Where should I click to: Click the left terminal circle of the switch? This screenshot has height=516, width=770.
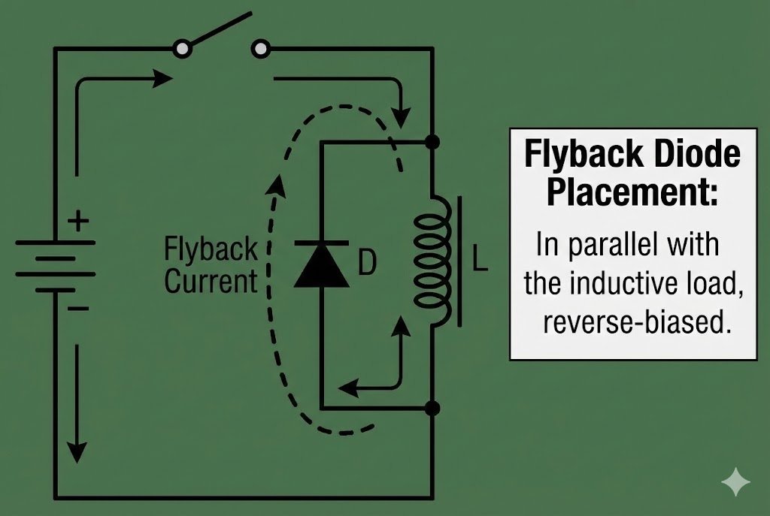[x=181, y=50]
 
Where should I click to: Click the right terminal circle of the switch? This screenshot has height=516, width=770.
[x=260, y=50]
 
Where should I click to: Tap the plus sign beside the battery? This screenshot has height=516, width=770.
[x=78, y=222]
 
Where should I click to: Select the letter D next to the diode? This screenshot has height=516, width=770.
[x=366, y=263]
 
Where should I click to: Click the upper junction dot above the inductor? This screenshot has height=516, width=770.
[x=432, y=141]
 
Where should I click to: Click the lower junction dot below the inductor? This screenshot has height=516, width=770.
[x=432, y=409]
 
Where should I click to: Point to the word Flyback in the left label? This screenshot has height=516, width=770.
[x=211, y=249]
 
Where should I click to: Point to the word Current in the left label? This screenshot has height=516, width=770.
[x=211, y=282]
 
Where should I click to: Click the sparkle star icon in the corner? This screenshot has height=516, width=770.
[x=735, y=482]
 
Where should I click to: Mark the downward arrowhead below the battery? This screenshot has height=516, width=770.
[x=77, y=452]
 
